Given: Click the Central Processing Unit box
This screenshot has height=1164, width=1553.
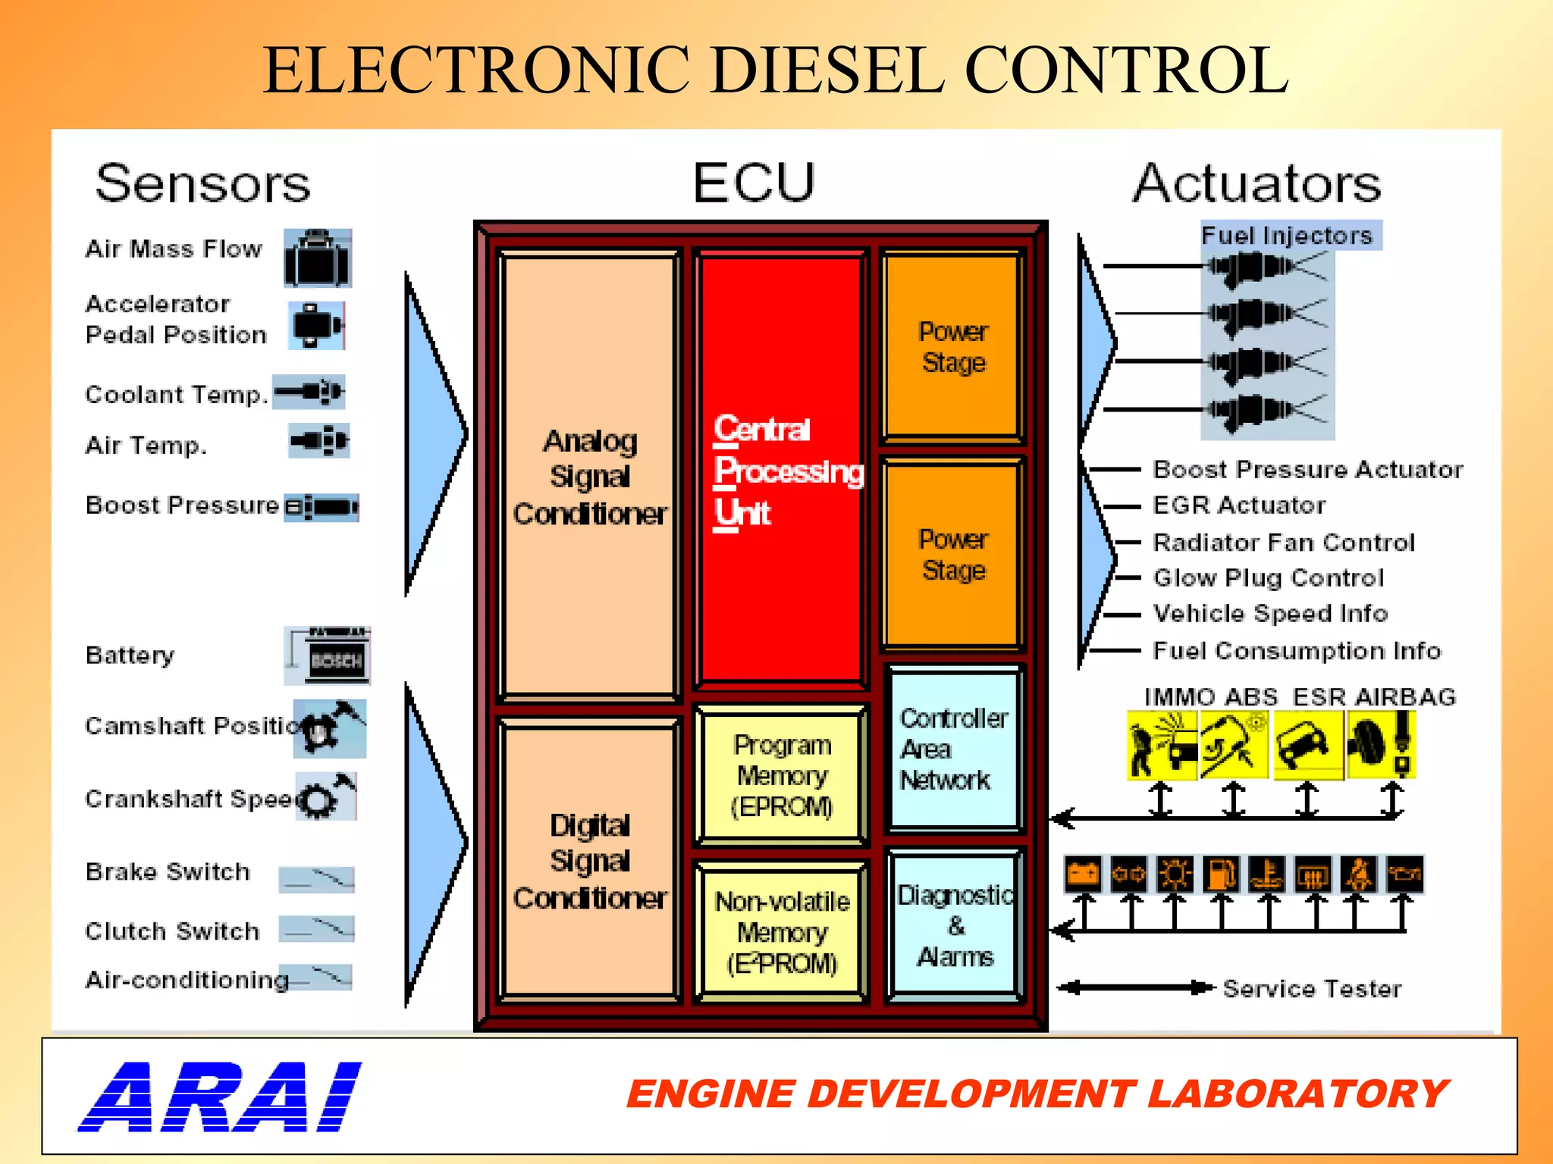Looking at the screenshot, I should tap(781, 470).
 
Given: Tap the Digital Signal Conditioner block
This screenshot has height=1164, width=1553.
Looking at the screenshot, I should tap(589, 860).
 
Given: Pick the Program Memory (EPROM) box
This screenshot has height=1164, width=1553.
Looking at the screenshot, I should tap(782, 774).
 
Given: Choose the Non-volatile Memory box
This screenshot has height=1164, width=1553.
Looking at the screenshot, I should tap(782, 931).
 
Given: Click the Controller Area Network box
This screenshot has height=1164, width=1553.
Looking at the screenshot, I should tap(954, 748).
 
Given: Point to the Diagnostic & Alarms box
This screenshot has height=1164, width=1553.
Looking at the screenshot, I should tap(954, 926).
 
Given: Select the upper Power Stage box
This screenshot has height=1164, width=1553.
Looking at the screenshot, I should tap(953, 347).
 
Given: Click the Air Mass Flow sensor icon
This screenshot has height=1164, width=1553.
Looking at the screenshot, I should tap(318, 258).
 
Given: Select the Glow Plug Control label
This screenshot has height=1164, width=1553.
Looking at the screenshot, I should tap(1268, 578).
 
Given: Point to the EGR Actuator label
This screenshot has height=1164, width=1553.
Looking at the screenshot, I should tap(1239, 505).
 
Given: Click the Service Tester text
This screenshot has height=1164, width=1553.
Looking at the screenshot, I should tap(1312, 988).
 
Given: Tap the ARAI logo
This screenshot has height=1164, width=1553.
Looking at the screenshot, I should tap(220, 1097).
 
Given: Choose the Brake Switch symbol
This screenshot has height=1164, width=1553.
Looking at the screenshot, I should tap(316, 878).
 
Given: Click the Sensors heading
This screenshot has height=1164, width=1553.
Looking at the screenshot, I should tap(202, 184).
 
